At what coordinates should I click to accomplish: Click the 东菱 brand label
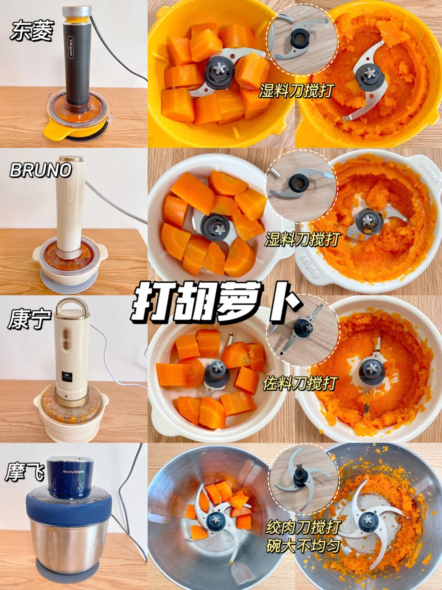32,32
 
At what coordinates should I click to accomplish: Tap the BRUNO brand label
40,170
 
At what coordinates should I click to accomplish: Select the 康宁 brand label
29,320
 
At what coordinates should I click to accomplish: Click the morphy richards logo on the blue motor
73,472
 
